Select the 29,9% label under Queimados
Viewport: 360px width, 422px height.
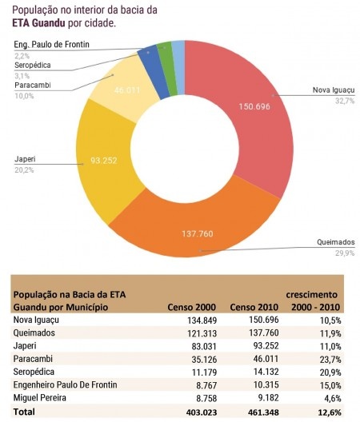click(x=343, y=253)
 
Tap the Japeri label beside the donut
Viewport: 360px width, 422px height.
click(x=25, y=159)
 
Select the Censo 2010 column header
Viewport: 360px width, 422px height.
click(x=252, y=307)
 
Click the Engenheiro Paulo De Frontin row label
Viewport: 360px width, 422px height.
click(x=66, y=385)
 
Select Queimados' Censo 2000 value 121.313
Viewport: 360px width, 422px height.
click(x=199, y=332)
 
